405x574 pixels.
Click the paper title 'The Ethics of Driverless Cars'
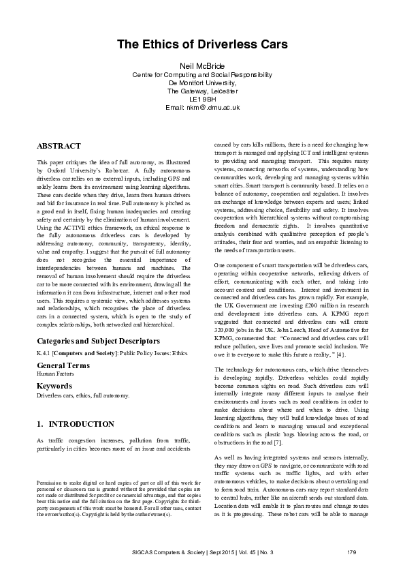click(202, 44)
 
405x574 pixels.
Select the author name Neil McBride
click(202, 64)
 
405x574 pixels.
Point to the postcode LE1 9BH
click(202, 99)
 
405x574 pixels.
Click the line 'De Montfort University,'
click(202, 82)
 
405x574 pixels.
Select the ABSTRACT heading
click(59, 146)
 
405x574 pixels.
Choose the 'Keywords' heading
click(54, 386)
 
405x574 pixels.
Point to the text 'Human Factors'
click(55, 374)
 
